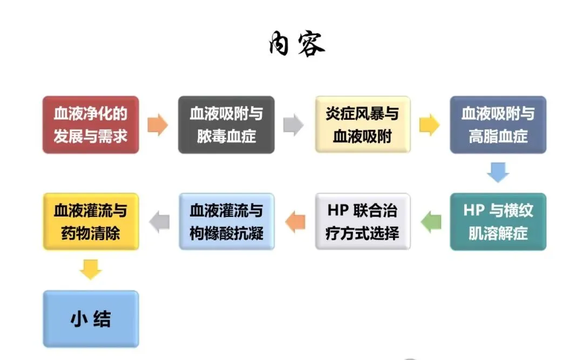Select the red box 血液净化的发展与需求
click(91, 125)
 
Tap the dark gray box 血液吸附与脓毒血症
click(226, 125)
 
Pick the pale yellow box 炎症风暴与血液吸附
click(362, 125)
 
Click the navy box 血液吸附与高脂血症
click(498, 125)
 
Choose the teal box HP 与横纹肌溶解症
click(498, 222)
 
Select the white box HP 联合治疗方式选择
click(362, 222)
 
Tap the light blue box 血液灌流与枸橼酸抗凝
click(226, 222)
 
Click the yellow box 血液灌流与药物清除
click(91, 222)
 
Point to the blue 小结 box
click(91, 319)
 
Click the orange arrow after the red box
click(158, 125)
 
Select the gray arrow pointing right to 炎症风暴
click(293, 125)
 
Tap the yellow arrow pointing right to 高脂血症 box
click(429, 125)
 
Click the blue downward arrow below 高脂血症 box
click(498, 173)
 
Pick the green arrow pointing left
click(431, 222)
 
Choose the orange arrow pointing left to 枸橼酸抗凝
click(295, 222)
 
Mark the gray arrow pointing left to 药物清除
click(159, 222)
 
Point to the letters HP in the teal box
click(474, 210)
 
